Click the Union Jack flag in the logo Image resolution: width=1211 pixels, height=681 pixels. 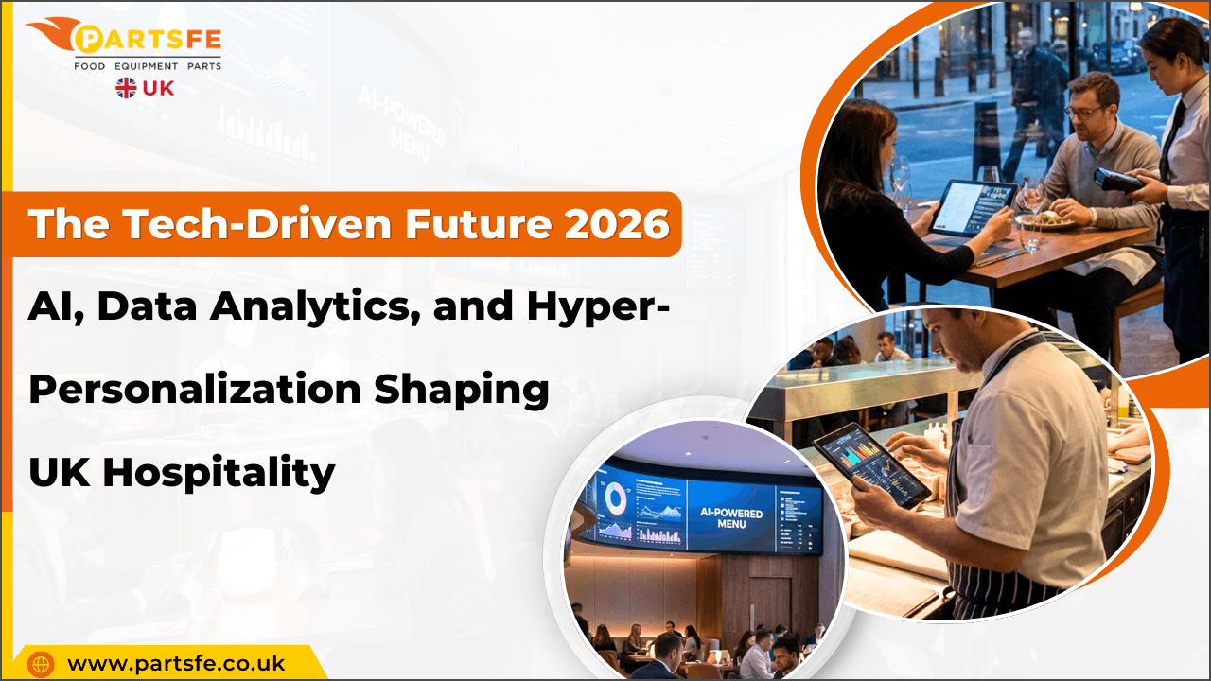126,88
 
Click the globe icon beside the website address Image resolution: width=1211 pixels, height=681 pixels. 41,664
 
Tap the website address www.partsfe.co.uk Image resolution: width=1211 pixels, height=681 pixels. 176,663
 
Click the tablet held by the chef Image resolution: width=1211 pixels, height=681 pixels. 871,463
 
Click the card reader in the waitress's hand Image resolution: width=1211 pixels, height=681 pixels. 1117,179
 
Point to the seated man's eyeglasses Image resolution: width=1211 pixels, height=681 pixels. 1082,111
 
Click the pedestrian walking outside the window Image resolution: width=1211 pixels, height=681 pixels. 1031,85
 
